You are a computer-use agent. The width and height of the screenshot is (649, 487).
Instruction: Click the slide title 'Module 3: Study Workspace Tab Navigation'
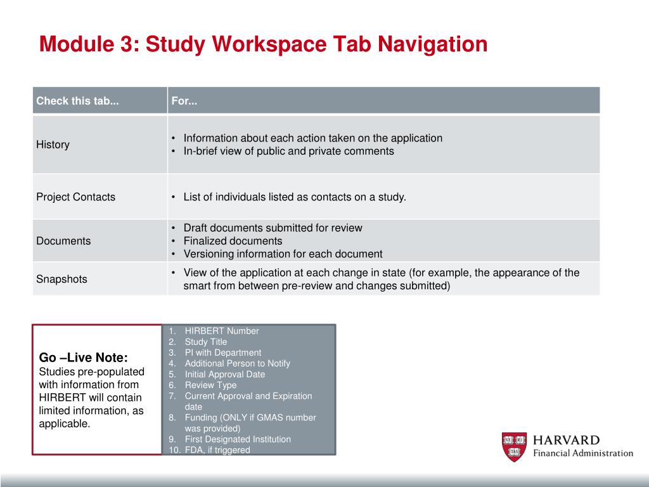(263, 44)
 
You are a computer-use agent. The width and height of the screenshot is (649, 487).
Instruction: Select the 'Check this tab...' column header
(77, 101)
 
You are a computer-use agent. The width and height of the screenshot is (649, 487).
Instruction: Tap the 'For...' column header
(184, 101)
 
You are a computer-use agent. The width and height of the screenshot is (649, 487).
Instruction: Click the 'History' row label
(53, 145)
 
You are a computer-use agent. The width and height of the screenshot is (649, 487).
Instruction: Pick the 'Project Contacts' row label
(75, 197)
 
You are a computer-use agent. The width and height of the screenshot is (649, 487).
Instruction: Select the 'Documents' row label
(63, 241)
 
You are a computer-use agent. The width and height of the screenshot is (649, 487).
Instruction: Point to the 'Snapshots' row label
(61, 279)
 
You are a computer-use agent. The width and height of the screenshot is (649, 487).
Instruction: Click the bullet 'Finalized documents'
(233, 241)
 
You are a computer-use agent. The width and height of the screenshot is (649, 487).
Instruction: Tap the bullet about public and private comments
(288, 151)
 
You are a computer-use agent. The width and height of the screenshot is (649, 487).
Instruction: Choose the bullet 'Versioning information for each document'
(283, 254)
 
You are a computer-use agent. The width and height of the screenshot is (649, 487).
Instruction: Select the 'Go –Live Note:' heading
(84, 358)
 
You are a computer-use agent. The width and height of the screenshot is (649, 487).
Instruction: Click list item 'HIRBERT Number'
(222, 331)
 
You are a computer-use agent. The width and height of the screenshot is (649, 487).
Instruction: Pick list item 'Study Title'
(205, 342)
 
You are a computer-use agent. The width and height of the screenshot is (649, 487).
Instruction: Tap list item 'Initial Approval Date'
(224, 374)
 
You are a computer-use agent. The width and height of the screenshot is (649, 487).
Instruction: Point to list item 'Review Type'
(210, 385)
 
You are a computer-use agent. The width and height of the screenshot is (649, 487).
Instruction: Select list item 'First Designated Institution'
(238, 439)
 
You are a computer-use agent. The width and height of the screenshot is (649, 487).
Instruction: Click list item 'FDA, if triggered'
(217, 450)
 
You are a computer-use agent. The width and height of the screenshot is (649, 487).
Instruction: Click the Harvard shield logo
(514, 447)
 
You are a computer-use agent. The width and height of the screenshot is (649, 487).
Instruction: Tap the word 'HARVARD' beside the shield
(566, 440)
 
